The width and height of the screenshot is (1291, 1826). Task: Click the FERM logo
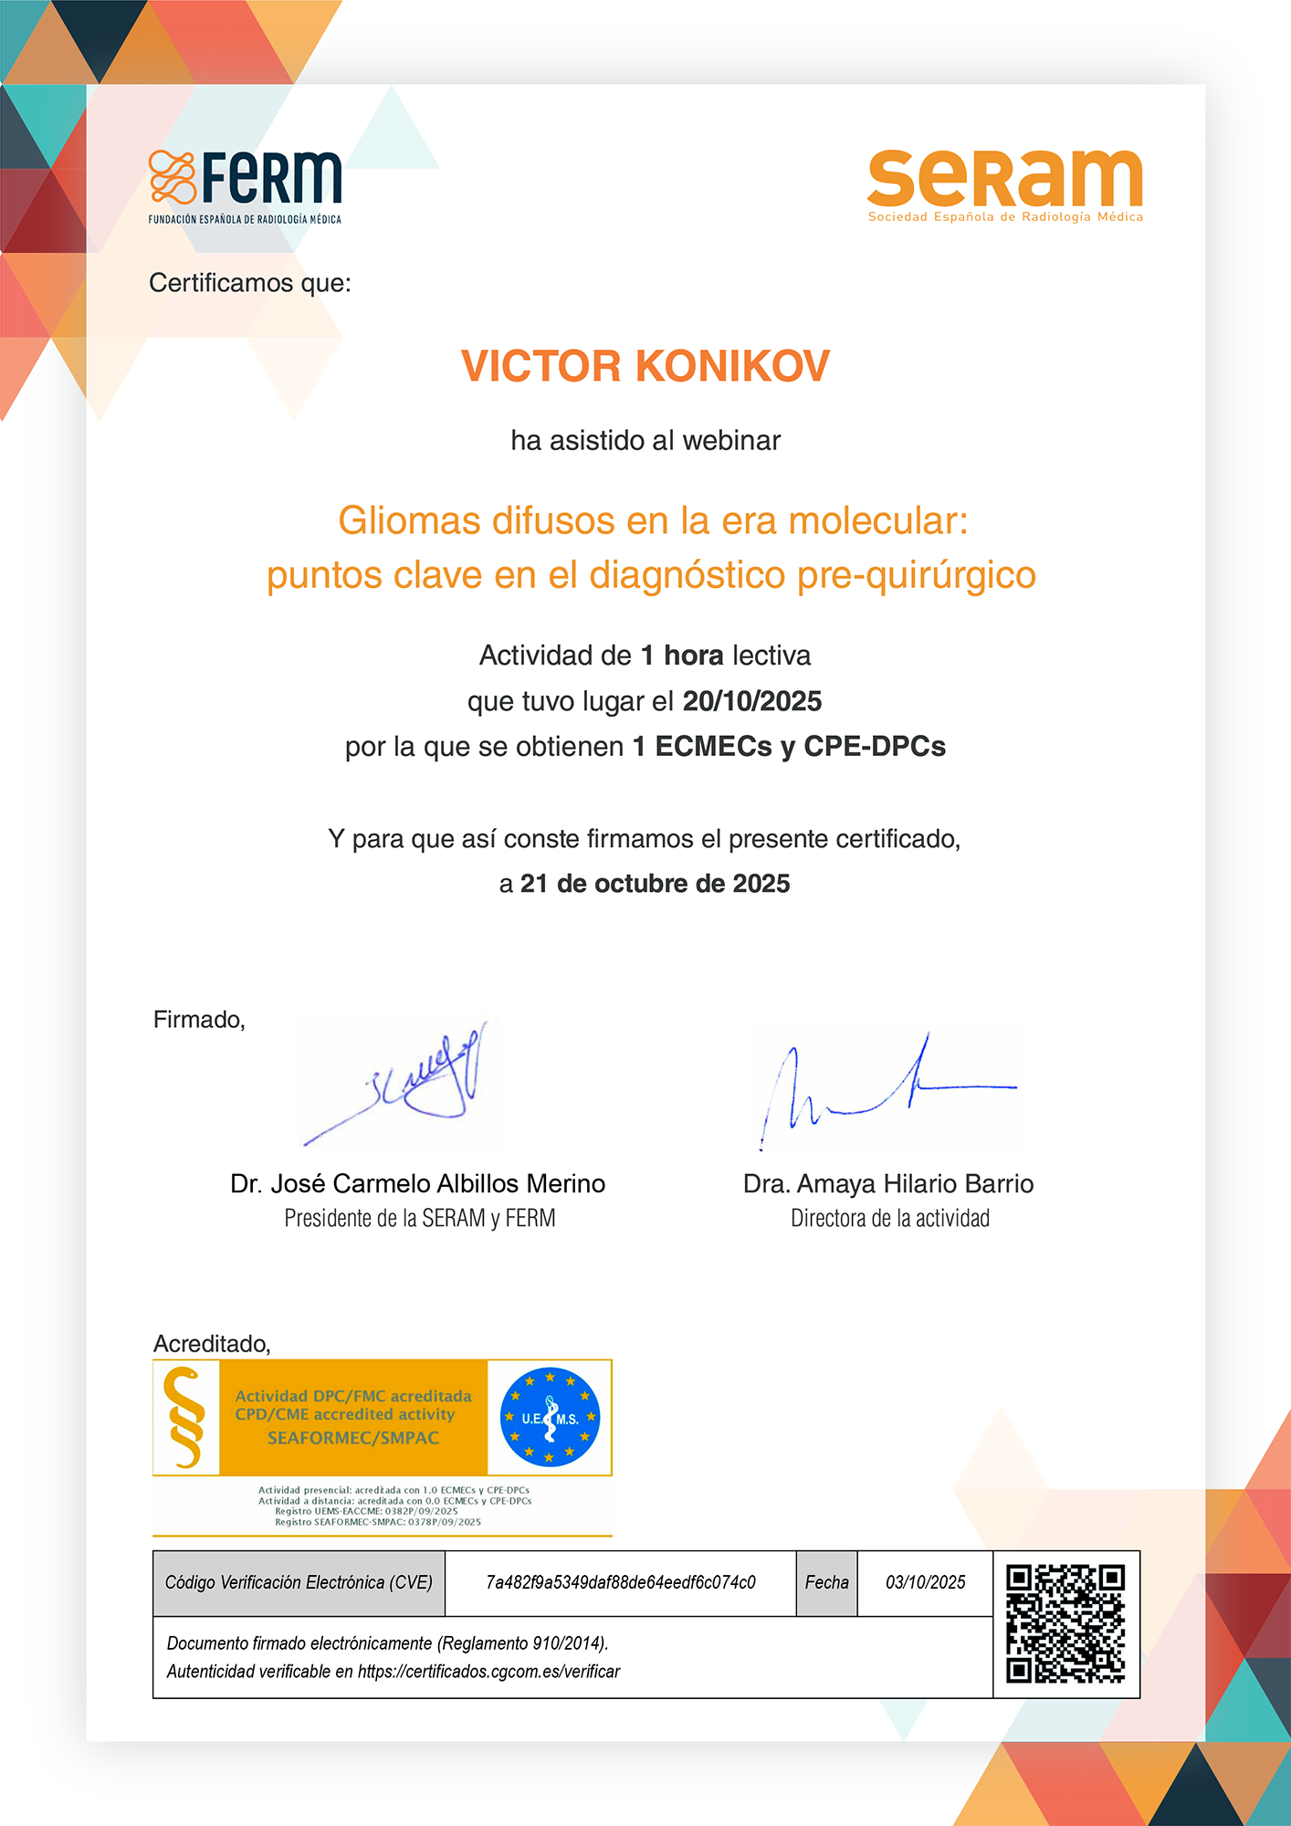[245, 185]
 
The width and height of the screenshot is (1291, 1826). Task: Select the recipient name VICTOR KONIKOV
[645, 366]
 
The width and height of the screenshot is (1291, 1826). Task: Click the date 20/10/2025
[752, 701]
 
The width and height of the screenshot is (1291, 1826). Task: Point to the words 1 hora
[682, 656]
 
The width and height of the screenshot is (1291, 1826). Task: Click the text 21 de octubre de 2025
[655, 884]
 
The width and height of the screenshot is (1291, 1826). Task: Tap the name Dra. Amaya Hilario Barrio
[888, 1184]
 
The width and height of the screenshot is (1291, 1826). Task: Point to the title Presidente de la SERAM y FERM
[420, 1219]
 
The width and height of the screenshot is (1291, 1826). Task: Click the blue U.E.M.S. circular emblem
[550, 1417]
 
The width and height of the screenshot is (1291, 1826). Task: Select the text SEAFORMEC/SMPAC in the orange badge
[353, 1438]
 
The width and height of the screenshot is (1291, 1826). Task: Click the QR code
[1065, 1623]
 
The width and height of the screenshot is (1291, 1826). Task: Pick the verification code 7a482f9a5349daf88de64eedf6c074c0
[621, 1582]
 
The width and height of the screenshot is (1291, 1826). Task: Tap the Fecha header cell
[826, 1582]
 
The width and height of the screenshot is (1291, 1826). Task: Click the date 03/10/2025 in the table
[925, 1582]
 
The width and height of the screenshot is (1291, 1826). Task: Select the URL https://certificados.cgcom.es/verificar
[488, 1672]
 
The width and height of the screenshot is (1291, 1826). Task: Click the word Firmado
[198, 1020]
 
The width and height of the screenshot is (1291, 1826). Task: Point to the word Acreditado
[211, 1344]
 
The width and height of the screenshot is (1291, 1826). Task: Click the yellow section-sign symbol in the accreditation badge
[185, 1417]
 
